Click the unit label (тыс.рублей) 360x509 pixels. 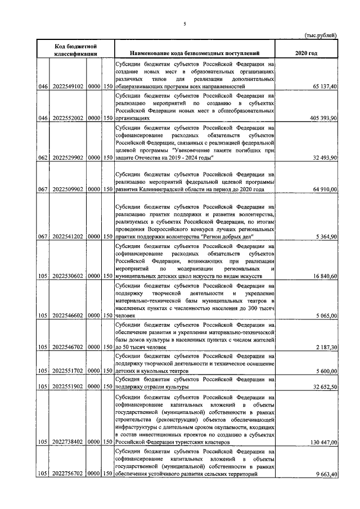pyautogui.click(x=321, y=35)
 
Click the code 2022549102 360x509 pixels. pyautogui.click(x=68, y=87)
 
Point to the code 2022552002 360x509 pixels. pyautogui.click(x=68, y=119)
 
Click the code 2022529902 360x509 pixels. pyautogui.click(x=68, y=159)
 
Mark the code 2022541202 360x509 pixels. pyautogui.click(x=68, y=237)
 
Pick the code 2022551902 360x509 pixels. pyautogui.click(x=68, y=388)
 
